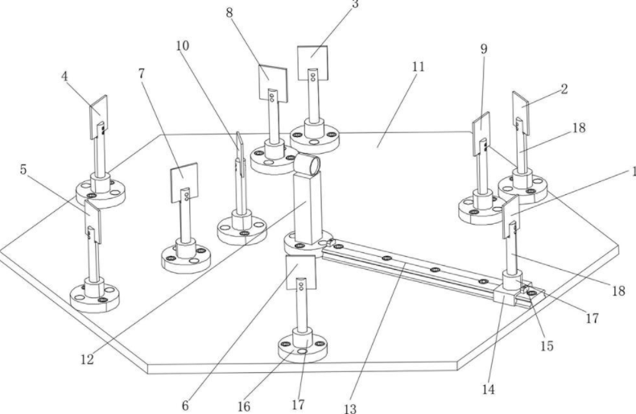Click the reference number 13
pyautogui.click(x=349, y=408)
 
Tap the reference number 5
pyautogui.click(x=23, y=170)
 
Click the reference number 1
pyautogui.click(x=632, y=172)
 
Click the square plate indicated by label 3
pyautogui.click(x=314, y=62)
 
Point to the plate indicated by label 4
pyautogui.click(x=98, y=116)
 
